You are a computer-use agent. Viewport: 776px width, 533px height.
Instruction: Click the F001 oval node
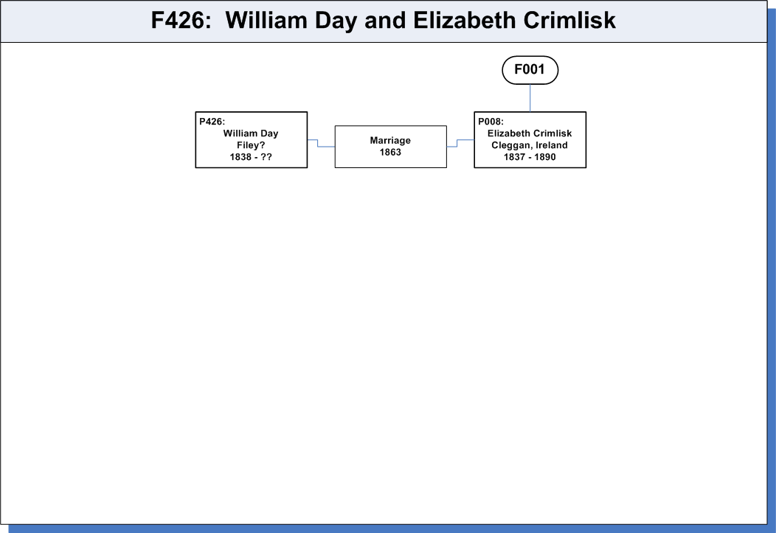click(530, 70)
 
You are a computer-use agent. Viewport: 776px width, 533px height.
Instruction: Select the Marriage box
click(390, 147)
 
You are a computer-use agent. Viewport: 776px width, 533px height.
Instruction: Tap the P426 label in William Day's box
click(212, 122)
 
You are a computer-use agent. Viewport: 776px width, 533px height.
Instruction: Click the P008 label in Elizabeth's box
click(491, 122)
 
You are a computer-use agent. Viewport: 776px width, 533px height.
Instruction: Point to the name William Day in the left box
click(251, 133)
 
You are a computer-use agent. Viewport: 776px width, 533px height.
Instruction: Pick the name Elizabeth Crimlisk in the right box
click(530, 133)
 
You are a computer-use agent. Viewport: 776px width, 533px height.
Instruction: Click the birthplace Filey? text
click(251, 145)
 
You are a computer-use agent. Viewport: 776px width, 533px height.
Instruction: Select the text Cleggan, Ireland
click(530, 145)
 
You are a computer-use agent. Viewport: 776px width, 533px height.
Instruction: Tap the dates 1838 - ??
click(251, 157)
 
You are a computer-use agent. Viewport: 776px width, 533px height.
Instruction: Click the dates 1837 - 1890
click(530, 157)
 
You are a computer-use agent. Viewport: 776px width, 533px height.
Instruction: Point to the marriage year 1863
click(390, 153)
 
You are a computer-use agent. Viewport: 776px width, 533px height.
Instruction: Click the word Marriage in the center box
click(390, 140)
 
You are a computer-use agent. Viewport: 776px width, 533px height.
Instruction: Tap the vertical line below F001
click(530, 98)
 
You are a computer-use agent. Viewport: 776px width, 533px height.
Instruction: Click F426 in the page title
click(177, 21)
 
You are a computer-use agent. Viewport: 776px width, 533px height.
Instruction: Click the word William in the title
click(267, 21)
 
